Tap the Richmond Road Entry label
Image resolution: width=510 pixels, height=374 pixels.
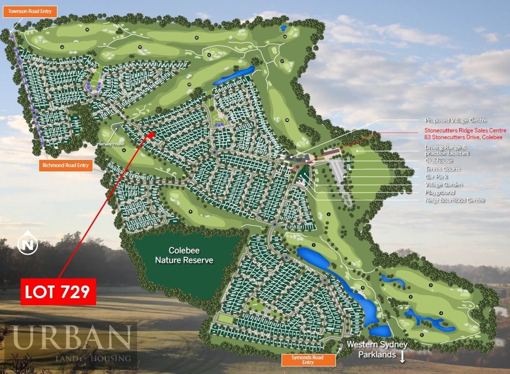pyautogui.click(x=65, y=166)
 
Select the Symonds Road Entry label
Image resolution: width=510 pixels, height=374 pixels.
pyautogui.click(x=308, y=360)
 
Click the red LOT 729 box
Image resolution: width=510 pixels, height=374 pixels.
pyautogui.click(x=58, y=292)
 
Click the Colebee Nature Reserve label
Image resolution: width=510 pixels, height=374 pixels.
pyautogui.click(x=184, y=256)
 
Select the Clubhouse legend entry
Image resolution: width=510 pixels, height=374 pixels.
pyautogui.click(x=439, y=161)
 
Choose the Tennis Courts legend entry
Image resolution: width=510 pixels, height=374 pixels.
pyautogui.click(x=443, y=169)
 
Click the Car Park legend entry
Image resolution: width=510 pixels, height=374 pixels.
pyautogui.click(x=436, y=177)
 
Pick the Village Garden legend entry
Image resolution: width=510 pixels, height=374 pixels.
pyautogui.click(x=443, y=185)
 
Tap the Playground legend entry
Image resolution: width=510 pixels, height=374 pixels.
pyautogui.click(x=439, y=192)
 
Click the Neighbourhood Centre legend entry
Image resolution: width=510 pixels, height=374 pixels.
pyautogui.click(x=454, y=200)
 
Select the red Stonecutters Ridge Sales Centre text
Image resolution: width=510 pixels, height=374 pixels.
pyautogui.click(x=463, y=133)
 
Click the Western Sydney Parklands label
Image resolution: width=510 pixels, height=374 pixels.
pyautogui.click(x=376, y=349)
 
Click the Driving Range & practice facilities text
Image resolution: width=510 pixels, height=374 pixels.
pyautogui.click(x=447, y=150)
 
